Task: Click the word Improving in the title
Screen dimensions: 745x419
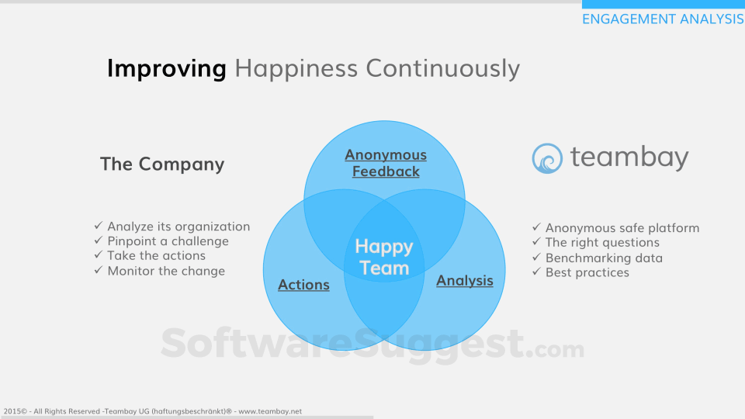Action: click(166, 69)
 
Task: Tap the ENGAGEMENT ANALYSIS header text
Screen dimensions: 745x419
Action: click(664, 19)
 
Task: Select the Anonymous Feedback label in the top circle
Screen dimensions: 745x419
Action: click(386, 163)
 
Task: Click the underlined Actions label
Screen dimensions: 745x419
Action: click(303, 285)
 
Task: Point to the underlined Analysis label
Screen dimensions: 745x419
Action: click(465, 281)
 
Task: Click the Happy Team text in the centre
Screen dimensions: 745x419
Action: click(384, 257)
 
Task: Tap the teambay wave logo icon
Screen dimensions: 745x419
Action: click(547, 158)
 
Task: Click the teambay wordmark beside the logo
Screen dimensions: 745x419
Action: click(629, 158)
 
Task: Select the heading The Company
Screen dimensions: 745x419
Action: click(162, 164)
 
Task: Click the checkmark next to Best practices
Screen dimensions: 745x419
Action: click(536, 272)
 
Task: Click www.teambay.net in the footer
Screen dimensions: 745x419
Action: click(270, 411)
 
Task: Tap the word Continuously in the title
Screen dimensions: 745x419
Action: click(443, 69)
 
